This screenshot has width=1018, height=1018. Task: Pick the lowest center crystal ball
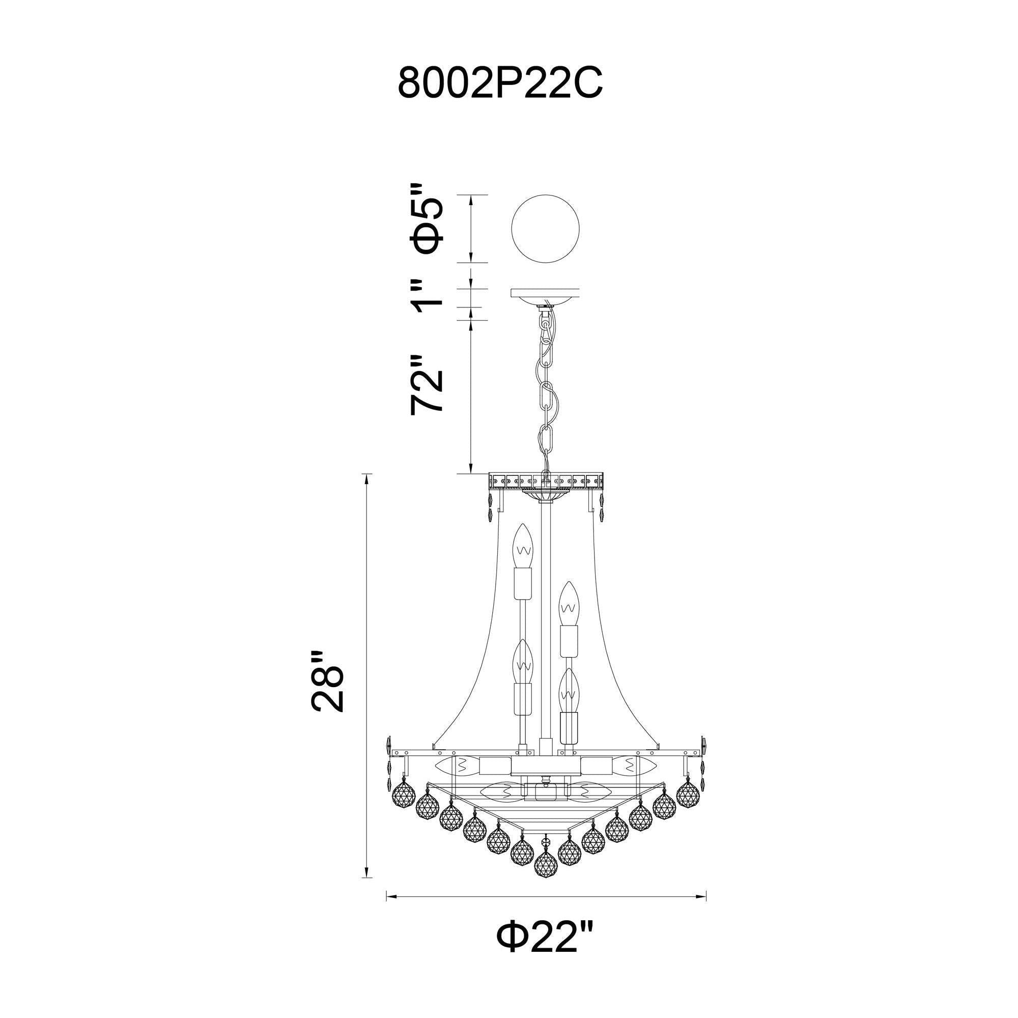(x=546, y=864)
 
